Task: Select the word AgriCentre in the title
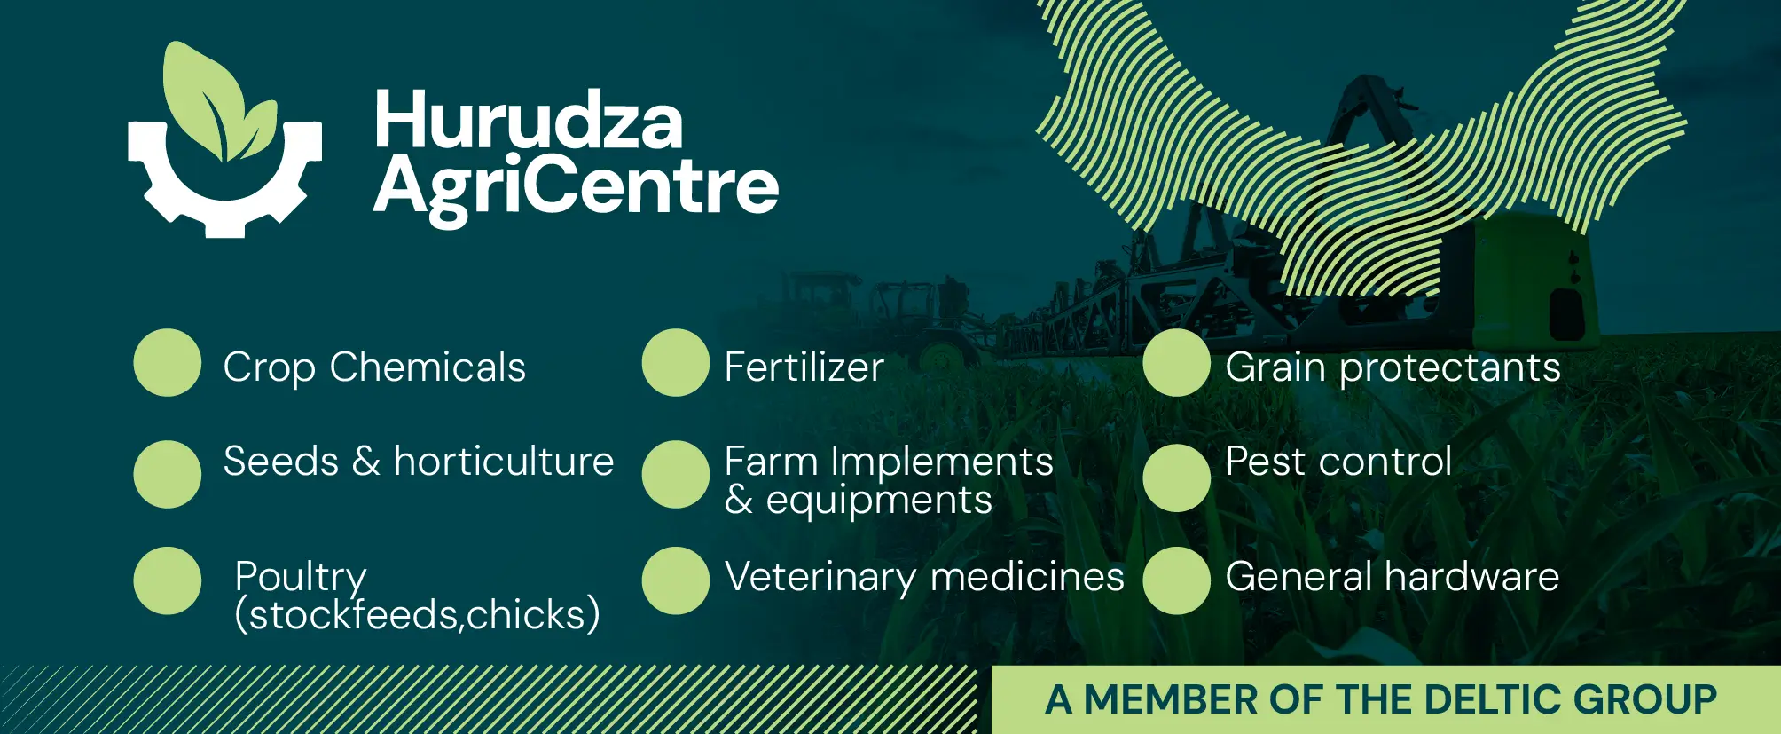[576, 187]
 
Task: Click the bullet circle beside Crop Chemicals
[168, 362]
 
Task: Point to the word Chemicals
[428, 367]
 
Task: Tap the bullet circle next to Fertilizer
[676, 362]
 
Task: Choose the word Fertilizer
[804, 367]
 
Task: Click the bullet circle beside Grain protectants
[1177, 362]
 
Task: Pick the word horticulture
[504, 461]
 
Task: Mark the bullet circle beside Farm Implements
[676, 474]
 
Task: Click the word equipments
[879, 501]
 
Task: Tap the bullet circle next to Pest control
[1177, 477]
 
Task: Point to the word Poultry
[301, 578]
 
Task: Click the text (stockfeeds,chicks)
[418, 614]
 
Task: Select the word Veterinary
[820, 578]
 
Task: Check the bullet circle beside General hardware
[1177, 580]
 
